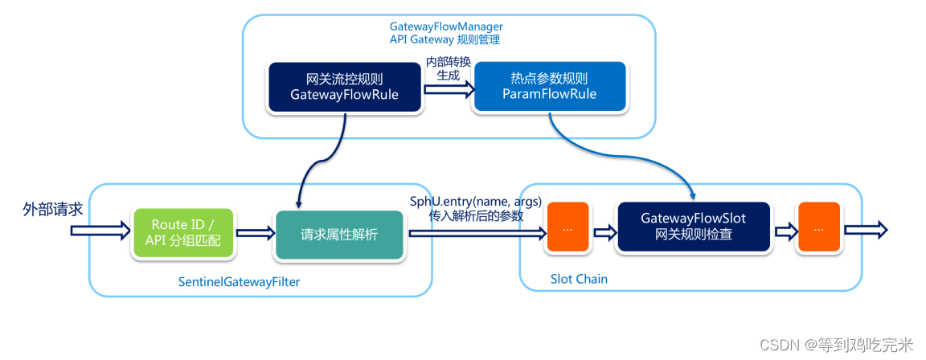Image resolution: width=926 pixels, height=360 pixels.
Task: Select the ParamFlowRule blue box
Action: click(549, 87)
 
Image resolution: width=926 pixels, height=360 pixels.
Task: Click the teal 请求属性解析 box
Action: click(338, 235)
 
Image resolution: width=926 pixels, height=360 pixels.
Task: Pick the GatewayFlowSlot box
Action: click(694, 227)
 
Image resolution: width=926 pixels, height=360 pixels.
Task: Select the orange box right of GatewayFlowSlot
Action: click(818, 227)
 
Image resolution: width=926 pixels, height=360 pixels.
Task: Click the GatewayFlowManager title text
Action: click(446, 27)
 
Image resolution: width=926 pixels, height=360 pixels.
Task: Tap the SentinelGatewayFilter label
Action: click(240, 282)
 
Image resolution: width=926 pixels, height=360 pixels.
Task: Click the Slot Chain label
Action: click(579, 279)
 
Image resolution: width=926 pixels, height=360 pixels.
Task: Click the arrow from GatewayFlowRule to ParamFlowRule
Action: click(449, 89)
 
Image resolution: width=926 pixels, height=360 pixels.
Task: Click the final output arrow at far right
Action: click(866, 230)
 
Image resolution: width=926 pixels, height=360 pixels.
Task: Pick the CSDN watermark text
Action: click(837, 344)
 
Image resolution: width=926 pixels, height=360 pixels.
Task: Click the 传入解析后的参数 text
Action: click(476, 216)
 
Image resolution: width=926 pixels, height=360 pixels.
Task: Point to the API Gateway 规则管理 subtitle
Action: click(445, 40)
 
